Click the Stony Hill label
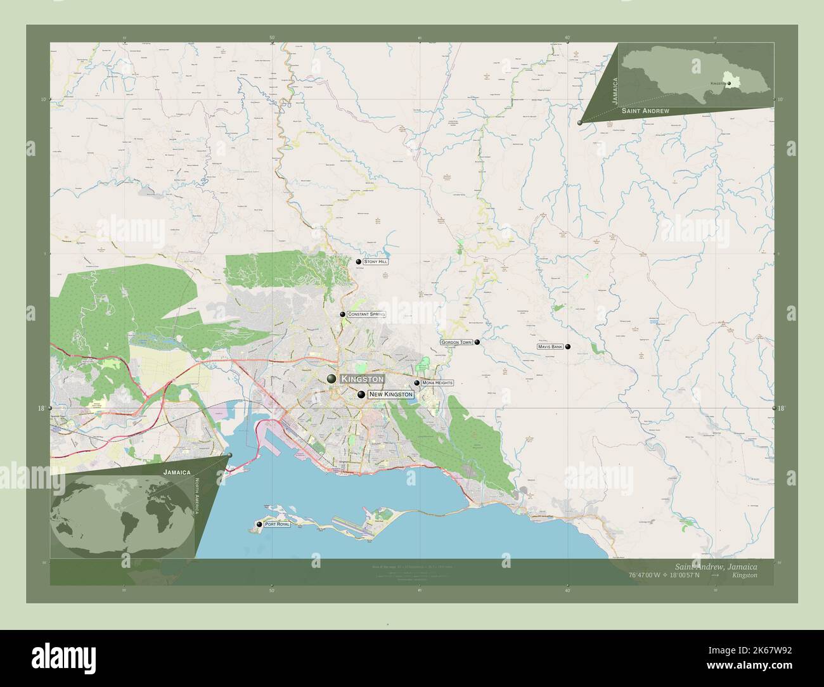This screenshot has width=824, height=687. tap(376, 261)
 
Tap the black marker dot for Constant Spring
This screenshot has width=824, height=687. tap(342, 314)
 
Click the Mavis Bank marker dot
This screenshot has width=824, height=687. tap(568, 347)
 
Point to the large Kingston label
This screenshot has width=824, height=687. tap(362, 379)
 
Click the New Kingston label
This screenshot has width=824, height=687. tap(390, 394)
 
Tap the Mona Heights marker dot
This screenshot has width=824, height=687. tap(416, 383)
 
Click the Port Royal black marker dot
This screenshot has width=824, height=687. tap(259, 524)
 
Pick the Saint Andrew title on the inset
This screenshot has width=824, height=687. tap(645, 111)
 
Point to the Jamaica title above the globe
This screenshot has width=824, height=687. tap(177, 472)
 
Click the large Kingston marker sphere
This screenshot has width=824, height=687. tap(332, 379)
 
